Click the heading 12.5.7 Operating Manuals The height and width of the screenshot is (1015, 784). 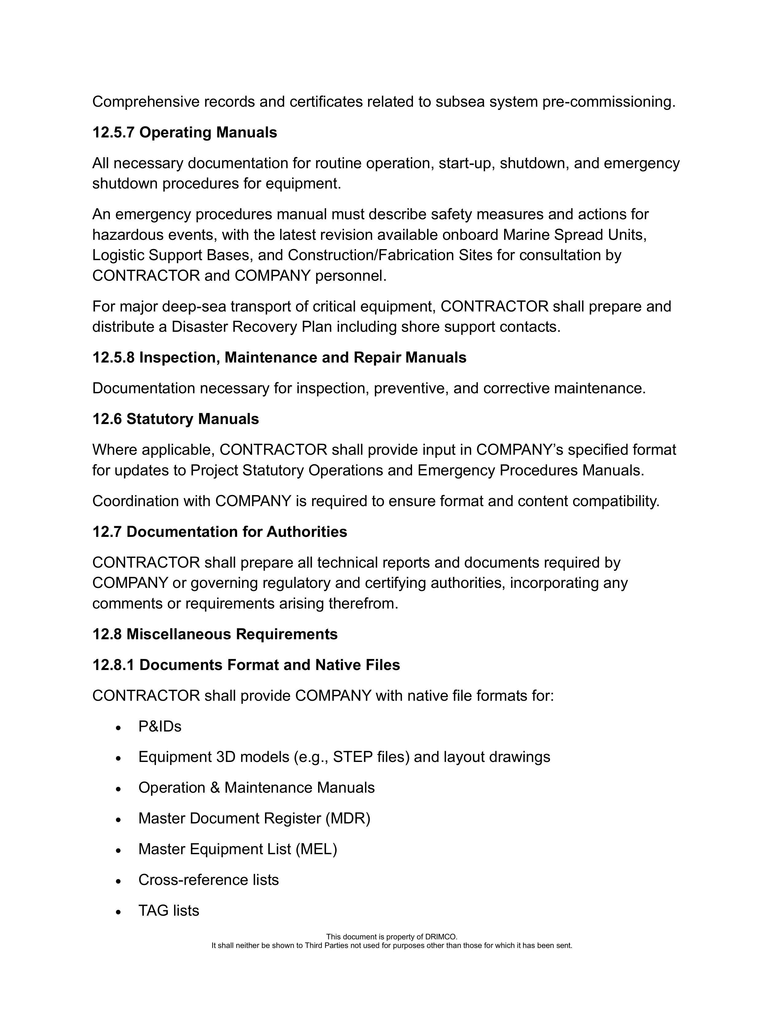pyautogui.click(x=184, y=133)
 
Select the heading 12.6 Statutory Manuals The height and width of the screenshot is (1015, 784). pyautogui.click(x=176, y=419)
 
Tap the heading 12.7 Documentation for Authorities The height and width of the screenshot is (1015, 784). pyautogui.click(x=219, y=532)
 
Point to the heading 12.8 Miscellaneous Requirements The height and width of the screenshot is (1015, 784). pyautogui.click(x=215, y=634)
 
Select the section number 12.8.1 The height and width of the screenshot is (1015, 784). pyautogui.click(x=113, y=665)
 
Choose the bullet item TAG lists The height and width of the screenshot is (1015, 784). pyautogui.click(x=169, y=910)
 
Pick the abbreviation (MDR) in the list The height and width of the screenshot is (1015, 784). pyautogui.click(x=348, y=819)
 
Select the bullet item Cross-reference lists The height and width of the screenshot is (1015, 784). pyautogui.click(x=209, y=880)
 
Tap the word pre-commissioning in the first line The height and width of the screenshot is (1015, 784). pyautogui.click(x=608, y=102)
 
